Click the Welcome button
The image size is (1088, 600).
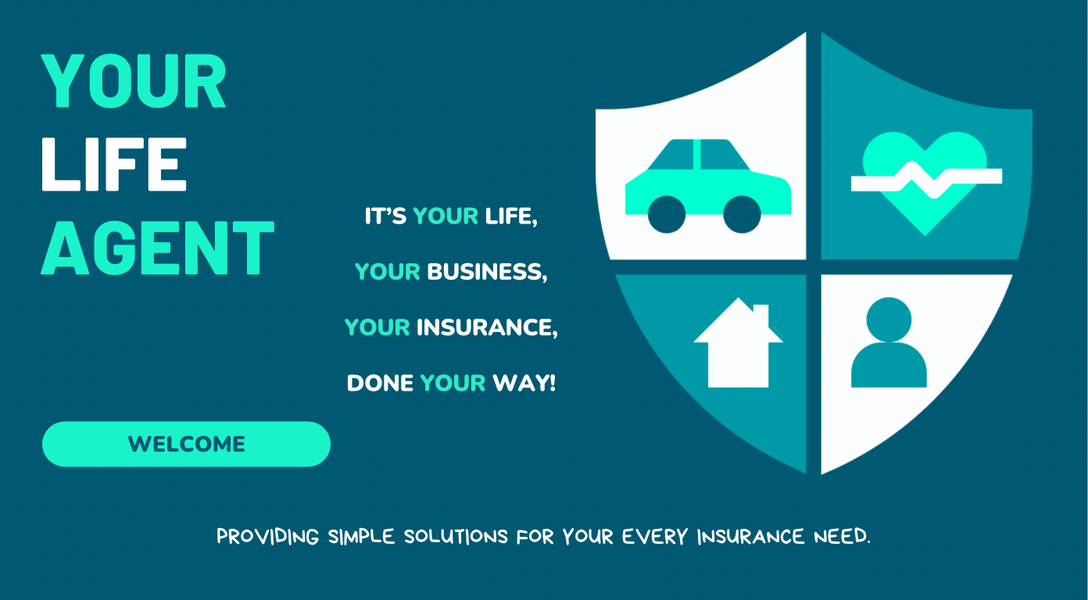(x=186, y=444)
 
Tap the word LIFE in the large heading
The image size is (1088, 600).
(x=114, y=165)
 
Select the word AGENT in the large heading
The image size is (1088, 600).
(x=158, y=247)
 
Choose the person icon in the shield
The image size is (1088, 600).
(x=889, y=344)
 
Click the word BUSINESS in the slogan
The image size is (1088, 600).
(x=487, y=272)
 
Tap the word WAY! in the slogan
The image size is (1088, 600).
(x=524, y=384)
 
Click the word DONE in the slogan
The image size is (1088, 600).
(x=380, y=384)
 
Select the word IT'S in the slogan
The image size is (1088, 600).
(x=385, y=216)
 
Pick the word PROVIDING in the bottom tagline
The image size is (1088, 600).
(x=268, y=537)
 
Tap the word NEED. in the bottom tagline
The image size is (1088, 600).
(x=841, y=537)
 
